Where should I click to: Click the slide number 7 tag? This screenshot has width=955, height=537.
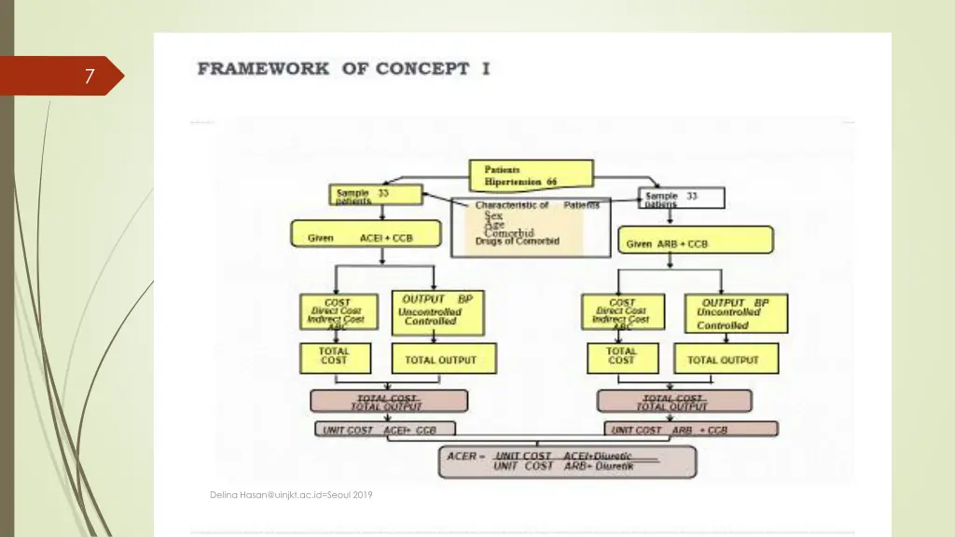click(x=89, y=76)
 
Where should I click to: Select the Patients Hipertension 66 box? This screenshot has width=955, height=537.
click(x=531, y=175)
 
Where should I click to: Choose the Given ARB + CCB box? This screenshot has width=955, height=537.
click(x=695, y=241)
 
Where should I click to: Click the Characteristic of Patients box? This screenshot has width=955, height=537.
click(x=530, y=227)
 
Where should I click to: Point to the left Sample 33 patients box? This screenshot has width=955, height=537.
click(x=370, y=196)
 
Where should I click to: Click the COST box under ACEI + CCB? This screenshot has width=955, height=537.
click(x=338, y=314)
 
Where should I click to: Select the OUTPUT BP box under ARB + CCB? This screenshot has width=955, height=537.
click(x=735, y=314)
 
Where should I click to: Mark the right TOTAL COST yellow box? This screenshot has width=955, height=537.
click(x=621, y=359)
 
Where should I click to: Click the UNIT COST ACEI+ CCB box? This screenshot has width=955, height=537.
click(x=387, y=430)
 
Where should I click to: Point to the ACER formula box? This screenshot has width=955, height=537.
click(x=567, y=461)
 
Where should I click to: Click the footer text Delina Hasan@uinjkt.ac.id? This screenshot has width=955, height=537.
click(x=291, y=495)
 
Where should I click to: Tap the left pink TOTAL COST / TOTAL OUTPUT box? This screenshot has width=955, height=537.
click(x=389, y=402)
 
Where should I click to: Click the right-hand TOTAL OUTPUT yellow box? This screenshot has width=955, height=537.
click(x=723, y=359)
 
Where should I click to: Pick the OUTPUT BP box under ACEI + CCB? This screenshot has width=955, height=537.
click(x=437, y=314)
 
